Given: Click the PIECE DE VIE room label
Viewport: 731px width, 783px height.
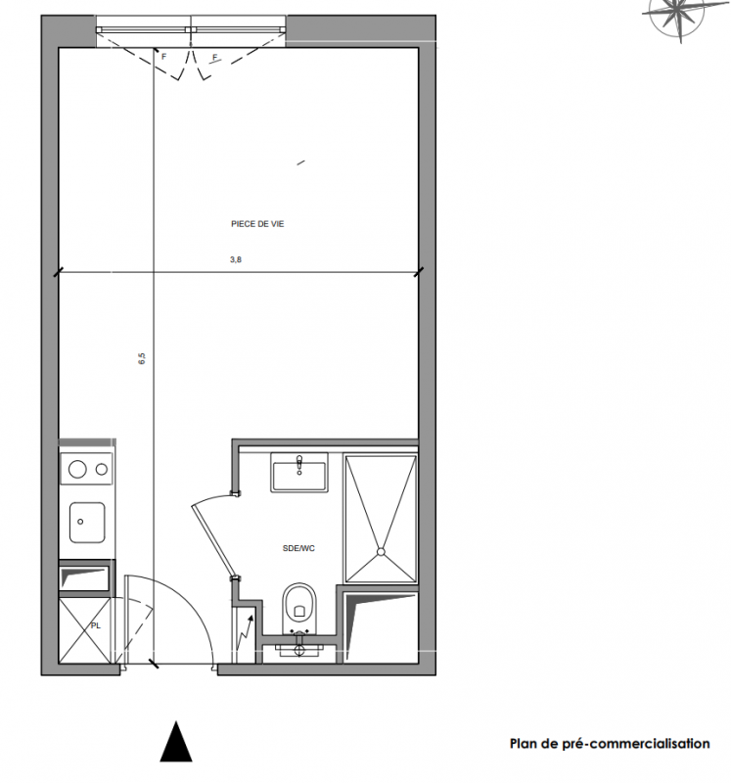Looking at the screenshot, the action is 257,224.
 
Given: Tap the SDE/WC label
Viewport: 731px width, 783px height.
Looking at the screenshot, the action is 298,548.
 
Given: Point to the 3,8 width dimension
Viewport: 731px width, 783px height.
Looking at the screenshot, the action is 236,259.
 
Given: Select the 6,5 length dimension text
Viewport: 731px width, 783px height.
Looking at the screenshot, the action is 142,358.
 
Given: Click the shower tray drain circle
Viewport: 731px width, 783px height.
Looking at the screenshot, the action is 381,552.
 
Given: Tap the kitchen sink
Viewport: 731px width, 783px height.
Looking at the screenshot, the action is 87,523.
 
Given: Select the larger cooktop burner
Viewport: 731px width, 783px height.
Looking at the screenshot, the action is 77,470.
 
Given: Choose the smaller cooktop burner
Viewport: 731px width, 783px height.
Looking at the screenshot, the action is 102,470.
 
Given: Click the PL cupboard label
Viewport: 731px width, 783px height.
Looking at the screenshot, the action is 95,625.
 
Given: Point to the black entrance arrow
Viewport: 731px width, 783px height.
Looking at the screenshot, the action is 176,741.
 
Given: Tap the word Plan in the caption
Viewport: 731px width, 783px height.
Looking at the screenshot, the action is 525,744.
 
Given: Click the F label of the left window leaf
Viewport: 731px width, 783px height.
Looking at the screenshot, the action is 163,57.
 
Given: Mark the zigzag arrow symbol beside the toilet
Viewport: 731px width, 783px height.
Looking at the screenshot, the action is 245,633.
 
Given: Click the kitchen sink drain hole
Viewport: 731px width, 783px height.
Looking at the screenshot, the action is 80,522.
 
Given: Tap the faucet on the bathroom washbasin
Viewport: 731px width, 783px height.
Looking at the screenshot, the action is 299,464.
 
